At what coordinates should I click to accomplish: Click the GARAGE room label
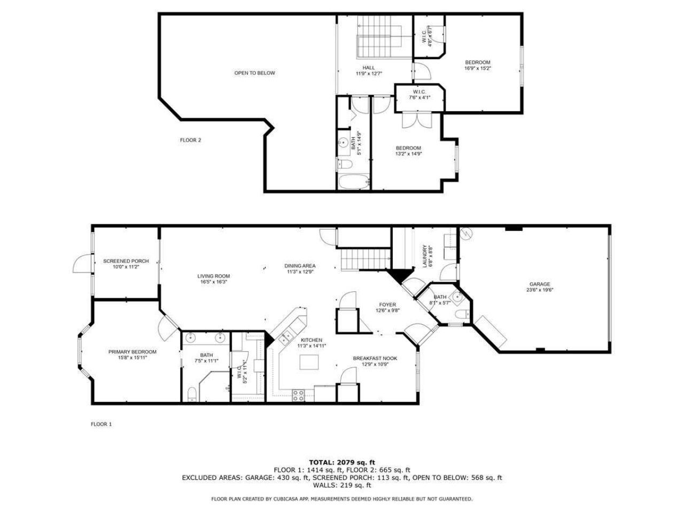[x=539, y=284]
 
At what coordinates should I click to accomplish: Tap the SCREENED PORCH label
[x=126, y=261]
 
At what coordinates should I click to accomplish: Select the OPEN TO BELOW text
[x=254, y=73]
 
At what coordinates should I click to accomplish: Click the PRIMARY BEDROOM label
[x=132, y=352]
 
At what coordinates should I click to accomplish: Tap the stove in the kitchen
[x=299, y=395]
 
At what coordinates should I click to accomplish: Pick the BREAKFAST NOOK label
[x=375, y=358]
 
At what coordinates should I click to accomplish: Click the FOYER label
[x=387, y=305]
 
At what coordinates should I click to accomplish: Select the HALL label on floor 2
[x=369, y=68]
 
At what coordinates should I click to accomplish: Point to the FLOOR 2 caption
[x=190, y=140]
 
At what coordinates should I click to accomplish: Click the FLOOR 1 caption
[x=101, y=424]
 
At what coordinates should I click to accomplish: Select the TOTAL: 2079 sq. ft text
[x=342, y=462]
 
